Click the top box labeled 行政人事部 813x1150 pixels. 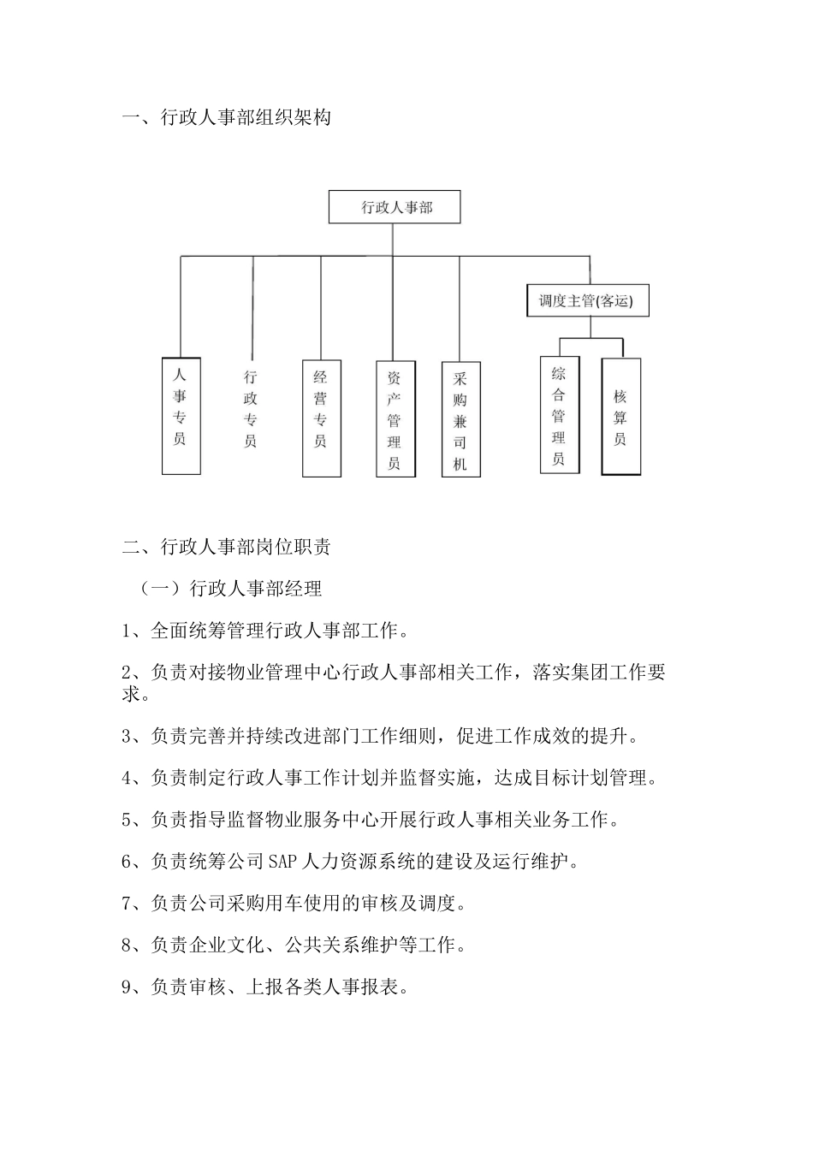pos(395,208)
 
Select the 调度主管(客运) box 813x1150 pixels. pos(586,301)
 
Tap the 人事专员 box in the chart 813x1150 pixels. pos(181,416)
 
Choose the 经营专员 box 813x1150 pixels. pos(321,418)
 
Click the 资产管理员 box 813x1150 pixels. pos(395,419)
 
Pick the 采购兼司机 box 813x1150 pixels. pos(460,419)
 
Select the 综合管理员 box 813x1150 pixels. pos(559,415)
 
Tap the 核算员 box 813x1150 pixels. pos(620,416)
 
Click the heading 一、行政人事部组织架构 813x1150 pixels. pos(227,118)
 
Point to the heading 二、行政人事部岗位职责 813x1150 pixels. pos(227,547)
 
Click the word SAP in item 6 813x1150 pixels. pos(282,862)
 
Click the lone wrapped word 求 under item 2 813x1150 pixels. pos(131,694)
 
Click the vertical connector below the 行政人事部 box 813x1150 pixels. pos(394,240)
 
